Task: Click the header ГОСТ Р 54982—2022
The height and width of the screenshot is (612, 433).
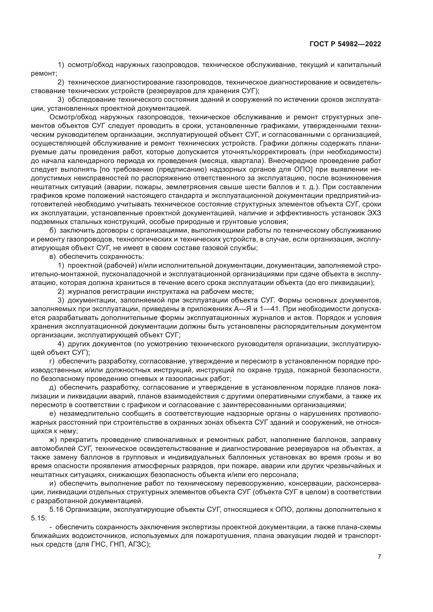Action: tap(345, 44)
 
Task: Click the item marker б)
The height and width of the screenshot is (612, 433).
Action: tap(53, 231)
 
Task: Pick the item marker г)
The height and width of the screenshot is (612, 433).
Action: tap(52, 361)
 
